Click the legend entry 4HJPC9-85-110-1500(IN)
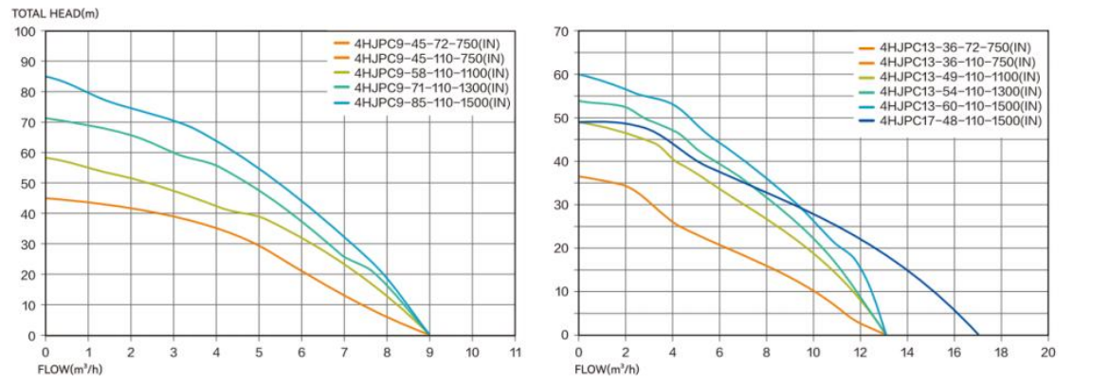[432, 102]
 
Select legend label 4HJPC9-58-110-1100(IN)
[432, 72]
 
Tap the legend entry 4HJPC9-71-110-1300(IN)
[432, 87]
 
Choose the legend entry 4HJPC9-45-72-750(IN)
[426, 43]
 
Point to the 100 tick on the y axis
[26, 31]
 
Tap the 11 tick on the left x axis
[515, 352]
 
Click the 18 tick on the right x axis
[1001, 352]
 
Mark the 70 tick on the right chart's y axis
[560, 32]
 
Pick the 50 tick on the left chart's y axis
[28, 183]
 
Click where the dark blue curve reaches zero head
[978, 335]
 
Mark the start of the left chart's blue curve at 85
[45, 77]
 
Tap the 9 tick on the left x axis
[429, 352]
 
